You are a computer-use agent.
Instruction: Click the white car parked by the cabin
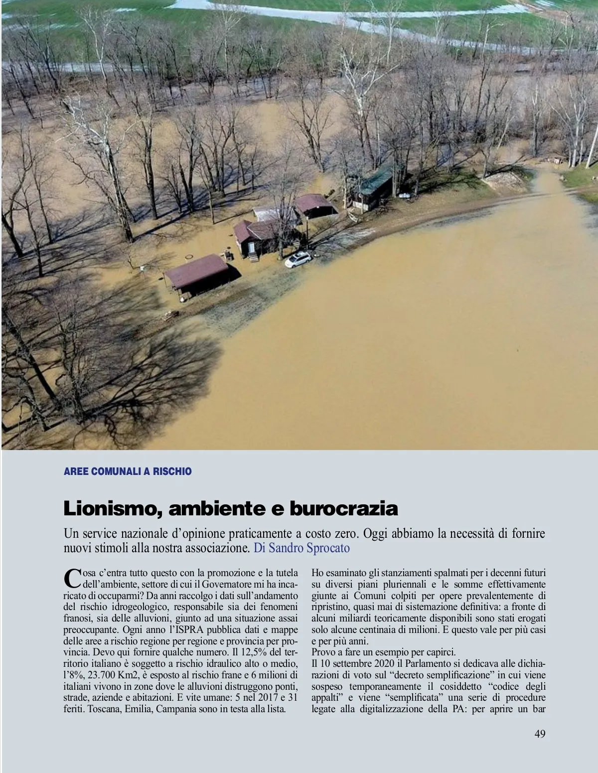click(x=298, y=259)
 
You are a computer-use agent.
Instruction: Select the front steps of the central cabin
click(x=253, y=256)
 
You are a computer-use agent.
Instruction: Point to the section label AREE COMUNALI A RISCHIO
click(x=128, y=471)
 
